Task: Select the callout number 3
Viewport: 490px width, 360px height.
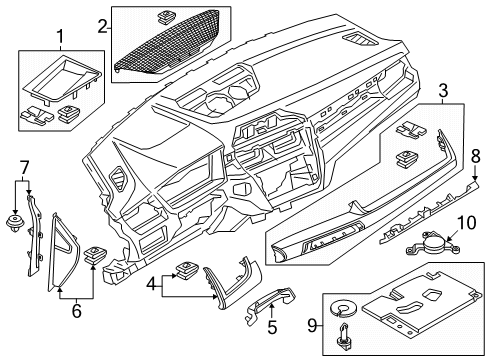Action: pos(442,92)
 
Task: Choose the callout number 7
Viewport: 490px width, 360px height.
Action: pos(24,165)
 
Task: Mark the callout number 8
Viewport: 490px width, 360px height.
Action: pos(476,156)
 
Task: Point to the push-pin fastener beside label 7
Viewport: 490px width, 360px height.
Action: pos(15,219)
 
